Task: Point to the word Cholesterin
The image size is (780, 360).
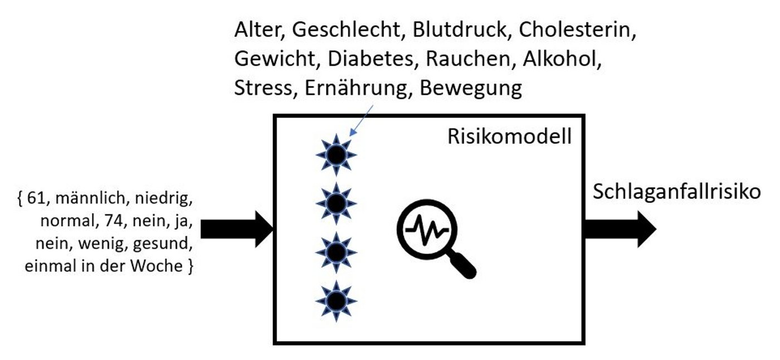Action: tap(577, 30)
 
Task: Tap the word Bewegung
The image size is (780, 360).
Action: tap(471, 89)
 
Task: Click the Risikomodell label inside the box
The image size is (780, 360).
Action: tap(509, 137)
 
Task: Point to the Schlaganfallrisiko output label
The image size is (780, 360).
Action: tap(676, 192)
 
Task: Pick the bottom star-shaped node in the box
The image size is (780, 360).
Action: tap(336, 301)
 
